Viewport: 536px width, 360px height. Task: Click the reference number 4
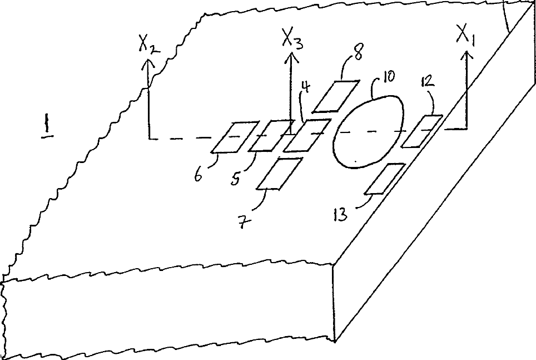pos(305,87)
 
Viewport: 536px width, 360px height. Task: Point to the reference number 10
pos(388,76)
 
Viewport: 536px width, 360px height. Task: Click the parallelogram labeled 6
pos(235,137)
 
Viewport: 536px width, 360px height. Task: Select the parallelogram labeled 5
pos(271,135)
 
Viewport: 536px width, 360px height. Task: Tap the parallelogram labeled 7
pos(280,174)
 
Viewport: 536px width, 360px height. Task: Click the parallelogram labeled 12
pos(421,131)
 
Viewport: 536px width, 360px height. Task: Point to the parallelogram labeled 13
pos(384,179)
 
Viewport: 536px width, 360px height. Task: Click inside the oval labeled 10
pos(368,131)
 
